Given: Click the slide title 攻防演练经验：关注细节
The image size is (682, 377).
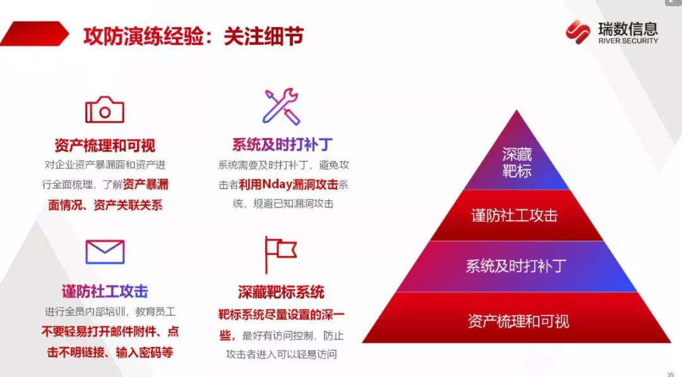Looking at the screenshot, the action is click(194, 36).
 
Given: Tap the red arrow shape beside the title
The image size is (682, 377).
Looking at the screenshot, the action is click(34, 34).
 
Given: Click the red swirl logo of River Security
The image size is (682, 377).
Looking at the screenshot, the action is click(578, 32).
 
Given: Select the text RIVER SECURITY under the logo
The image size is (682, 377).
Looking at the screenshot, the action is click(628, 41).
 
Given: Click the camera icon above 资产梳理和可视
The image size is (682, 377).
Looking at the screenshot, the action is click(105, 110).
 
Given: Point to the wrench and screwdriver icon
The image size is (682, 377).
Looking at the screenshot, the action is click(281, 107).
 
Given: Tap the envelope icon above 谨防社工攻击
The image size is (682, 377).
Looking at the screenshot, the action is click(105, 252).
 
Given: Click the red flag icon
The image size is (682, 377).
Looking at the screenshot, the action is click(280, 254).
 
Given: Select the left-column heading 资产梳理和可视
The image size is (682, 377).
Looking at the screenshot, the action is click(105, 145).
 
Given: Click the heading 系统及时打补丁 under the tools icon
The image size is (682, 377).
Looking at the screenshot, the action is click(282, 145).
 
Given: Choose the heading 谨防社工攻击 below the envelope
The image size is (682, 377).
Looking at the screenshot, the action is click(105, 291).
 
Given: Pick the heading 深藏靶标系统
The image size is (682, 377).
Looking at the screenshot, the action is click(281, 292).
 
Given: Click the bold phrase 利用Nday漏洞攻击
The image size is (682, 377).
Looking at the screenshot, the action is click(289, 184).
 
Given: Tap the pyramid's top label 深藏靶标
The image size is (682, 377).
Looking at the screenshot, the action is click(517, 163).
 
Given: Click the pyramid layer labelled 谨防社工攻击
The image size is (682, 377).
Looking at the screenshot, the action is click(517, 215).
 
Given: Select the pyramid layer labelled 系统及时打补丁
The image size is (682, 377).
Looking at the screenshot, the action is click(517, 266).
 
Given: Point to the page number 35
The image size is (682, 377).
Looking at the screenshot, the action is click(670, 374).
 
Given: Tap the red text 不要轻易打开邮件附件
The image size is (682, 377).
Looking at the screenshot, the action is click(99, 331).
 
